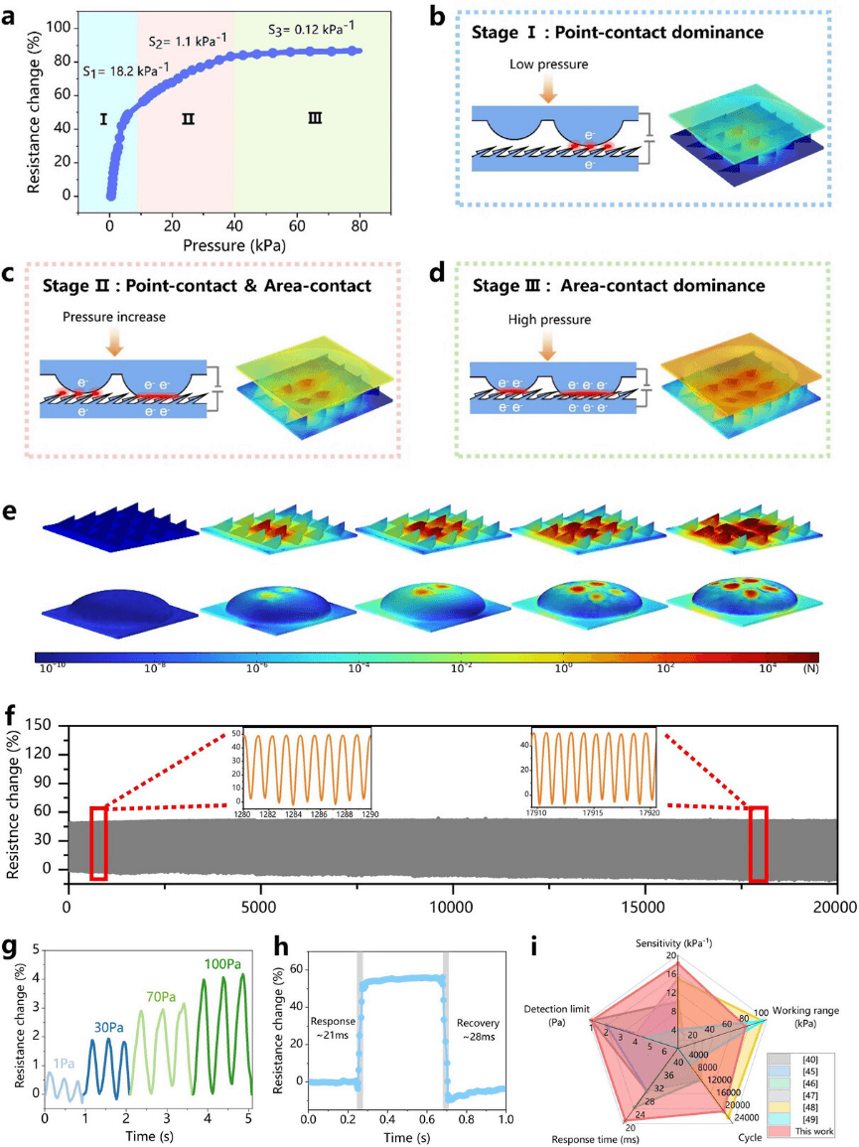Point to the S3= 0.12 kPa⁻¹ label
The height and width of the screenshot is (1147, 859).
pyautogui.click(x=312, y=29)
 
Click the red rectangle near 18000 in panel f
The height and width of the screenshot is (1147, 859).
pyautogui.click(x=758, y=844)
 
